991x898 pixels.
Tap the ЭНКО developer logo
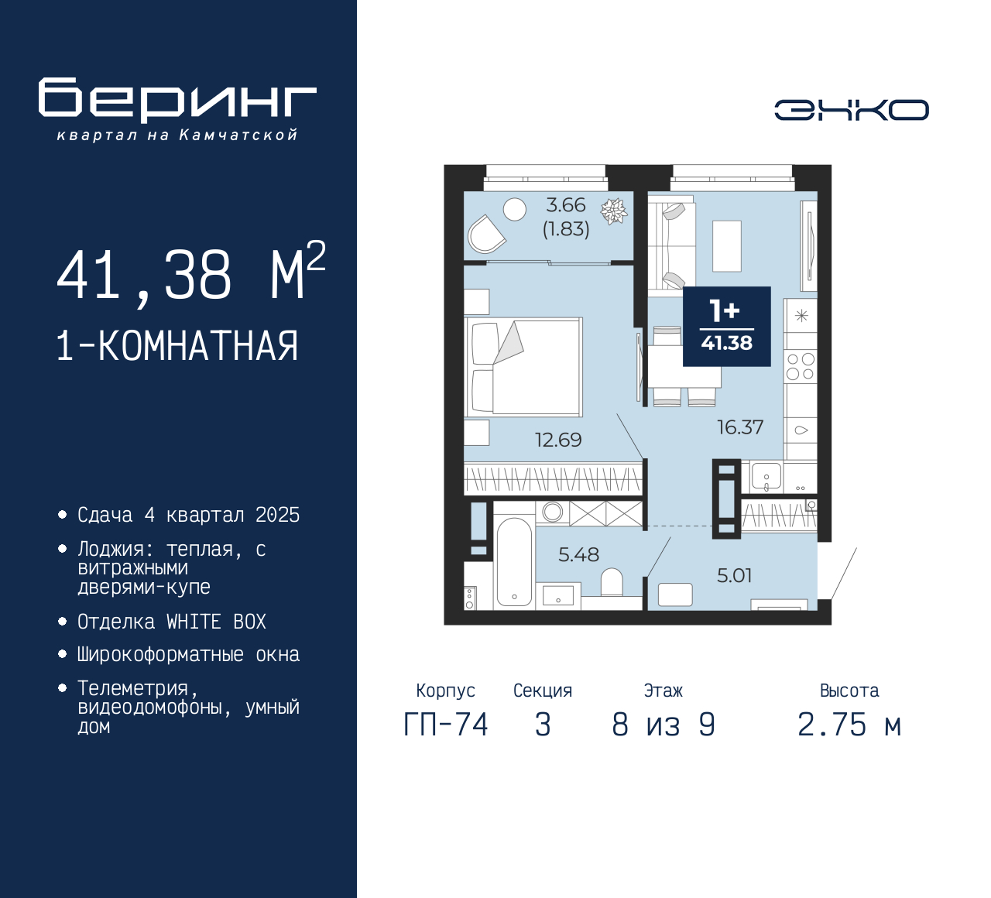tap(851, 110)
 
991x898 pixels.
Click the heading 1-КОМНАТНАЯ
tap(177, 346)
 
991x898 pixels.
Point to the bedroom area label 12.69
tap(558, 440)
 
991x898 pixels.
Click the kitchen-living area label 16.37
tap(740, 427)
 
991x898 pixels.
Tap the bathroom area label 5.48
tap(578, 554)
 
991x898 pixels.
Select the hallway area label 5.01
tap(734, 575)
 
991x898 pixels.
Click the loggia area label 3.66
tap(566, 205)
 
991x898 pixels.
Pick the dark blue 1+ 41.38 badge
tap(726, 326)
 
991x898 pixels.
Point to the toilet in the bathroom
tap(612, 582)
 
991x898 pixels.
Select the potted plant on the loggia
tap(614, 211)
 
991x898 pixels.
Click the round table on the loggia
tap(514, 208)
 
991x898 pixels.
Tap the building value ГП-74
tap(446, 725)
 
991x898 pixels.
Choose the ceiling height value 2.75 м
tap(849, 725)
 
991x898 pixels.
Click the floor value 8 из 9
tap(663, 725)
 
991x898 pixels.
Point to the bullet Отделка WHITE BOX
tap(172, 622)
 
